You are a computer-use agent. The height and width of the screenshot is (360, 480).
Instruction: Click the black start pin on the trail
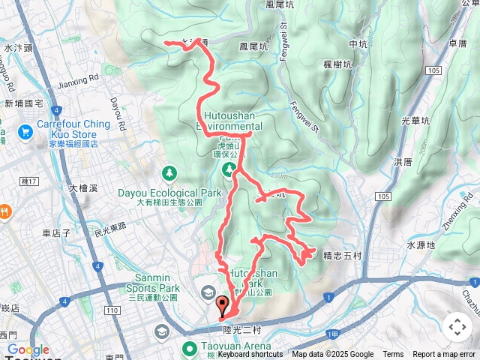pos(222,304)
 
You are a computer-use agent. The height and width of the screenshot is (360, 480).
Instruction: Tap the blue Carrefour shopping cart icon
pos(26,132)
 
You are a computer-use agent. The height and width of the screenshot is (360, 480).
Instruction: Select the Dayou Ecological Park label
pos(170,193)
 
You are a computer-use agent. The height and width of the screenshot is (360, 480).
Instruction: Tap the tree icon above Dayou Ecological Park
pos(170,174)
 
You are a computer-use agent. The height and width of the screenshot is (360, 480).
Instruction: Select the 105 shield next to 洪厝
pos(385,196)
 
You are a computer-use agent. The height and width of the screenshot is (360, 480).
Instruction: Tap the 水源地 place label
pos(421,244)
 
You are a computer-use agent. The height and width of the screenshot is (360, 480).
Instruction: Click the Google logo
pos(28,349)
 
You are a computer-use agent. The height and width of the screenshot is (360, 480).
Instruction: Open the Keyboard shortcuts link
pos(250,355)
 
